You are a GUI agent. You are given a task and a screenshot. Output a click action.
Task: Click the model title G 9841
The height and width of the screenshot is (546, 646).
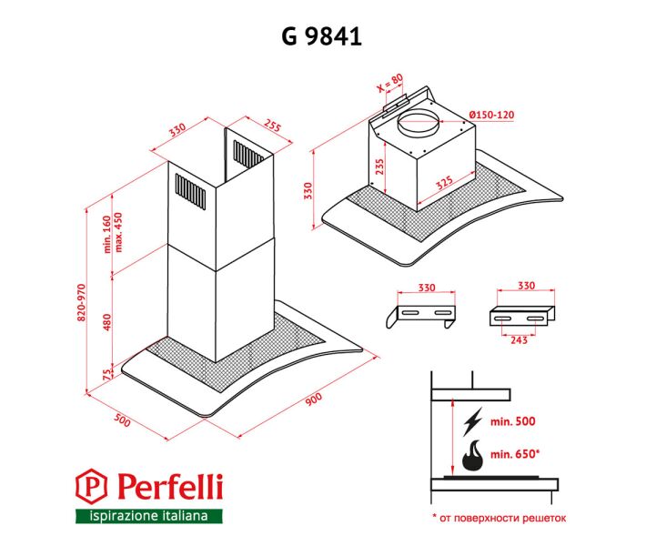(x=322, y=36)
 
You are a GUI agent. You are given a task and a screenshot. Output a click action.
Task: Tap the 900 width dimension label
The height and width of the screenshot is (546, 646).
(x=314, y=399)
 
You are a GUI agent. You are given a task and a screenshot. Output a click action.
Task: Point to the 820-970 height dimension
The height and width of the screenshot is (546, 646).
(x=81, y=302)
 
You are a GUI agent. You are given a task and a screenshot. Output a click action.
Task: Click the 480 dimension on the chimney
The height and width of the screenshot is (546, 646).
(x=107, y=322)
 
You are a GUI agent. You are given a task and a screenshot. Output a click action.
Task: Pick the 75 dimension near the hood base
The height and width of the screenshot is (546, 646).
(x=107, y=375)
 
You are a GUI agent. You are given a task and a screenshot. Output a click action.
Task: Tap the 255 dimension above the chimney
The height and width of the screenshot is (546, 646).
(x=273, y=126)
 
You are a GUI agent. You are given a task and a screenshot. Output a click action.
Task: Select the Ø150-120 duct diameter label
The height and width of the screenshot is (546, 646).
(x=492, y=115)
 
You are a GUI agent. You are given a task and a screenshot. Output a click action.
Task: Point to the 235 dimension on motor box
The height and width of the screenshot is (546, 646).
(x=379, y=167)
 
